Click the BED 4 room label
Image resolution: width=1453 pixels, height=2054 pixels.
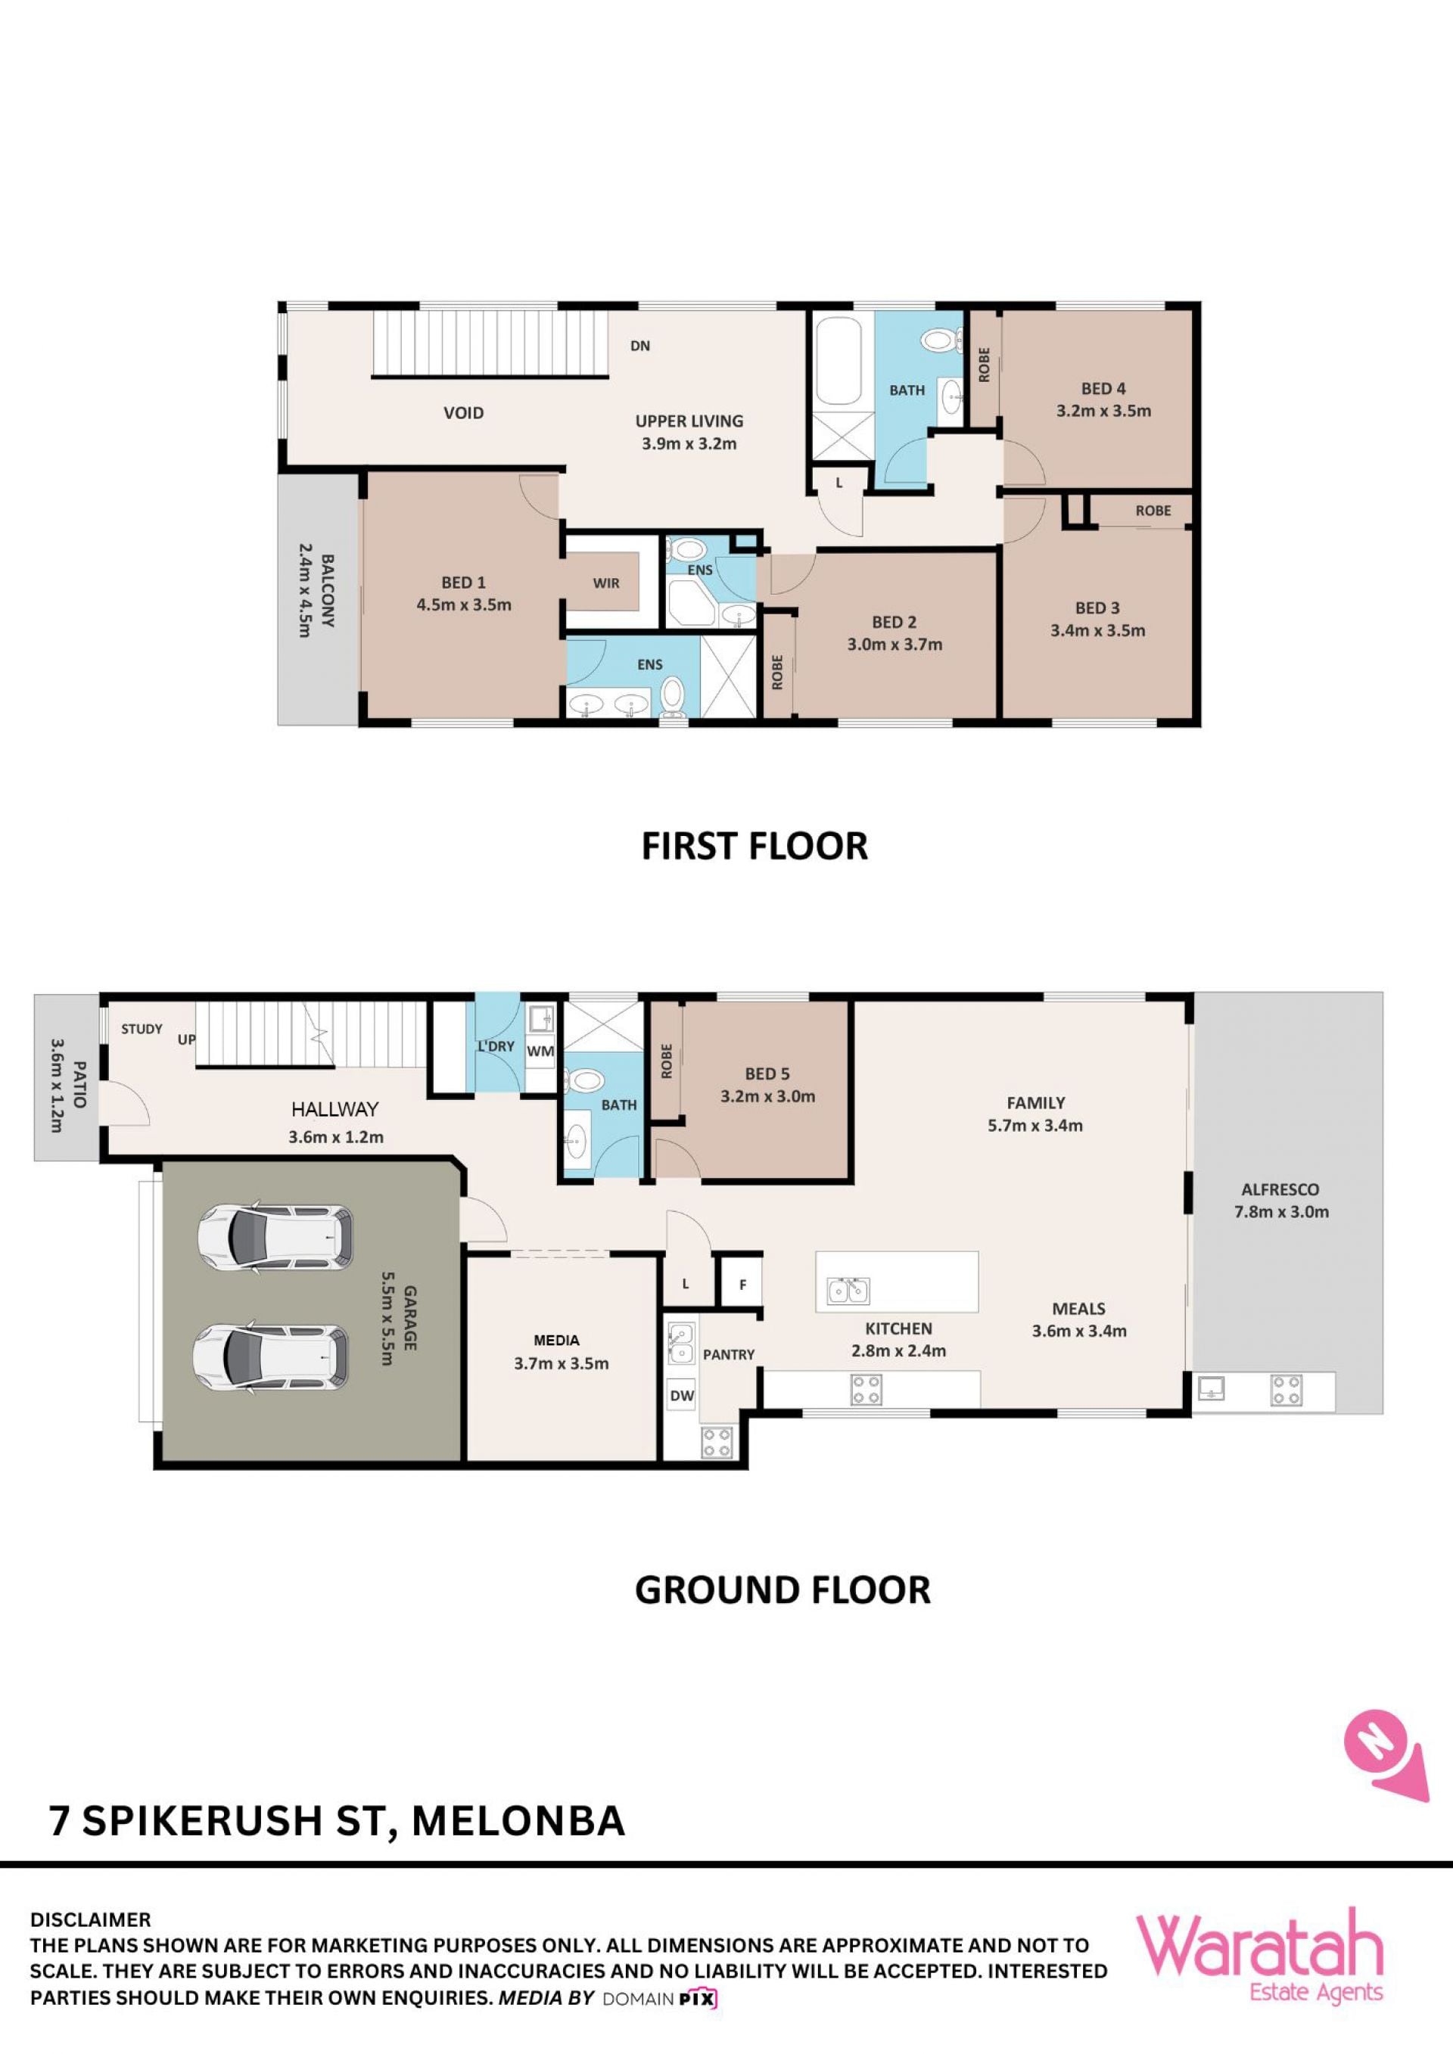coord(1103,389)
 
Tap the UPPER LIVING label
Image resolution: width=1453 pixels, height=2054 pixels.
coord(689,421)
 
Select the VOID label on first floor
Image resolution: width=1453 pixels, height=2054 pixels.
coord(463,412)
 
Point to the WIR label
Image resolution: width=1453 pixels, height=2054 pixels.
coord(605,583)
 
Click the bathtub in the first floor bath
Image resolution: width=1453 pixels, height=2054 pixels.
coord(839,361)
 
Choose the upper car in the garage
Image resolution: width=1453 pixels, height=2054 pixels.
coord(275,1236)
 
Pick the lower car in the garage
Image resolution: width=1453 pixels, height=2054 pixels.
coord(271,1357)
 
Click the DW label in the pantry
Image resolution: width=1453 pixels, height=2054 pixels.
coord(682,1396)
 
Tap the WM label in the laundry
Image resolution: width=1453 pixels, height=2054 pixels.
coord(540,1051)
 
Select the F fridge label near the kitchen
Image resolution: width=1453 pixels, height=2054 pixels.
coord(742,1285)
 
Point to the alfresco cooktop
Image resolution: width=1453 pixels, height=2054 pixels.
coord(1287,1391)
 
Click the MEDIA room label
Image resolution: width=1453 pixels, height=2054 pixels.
coord(556,1340)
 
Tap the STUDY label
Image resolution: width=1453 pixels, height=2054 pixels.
coord(142,1029)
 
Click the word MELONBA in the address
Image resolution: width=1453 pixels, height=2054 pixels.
coord(518,1822)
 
